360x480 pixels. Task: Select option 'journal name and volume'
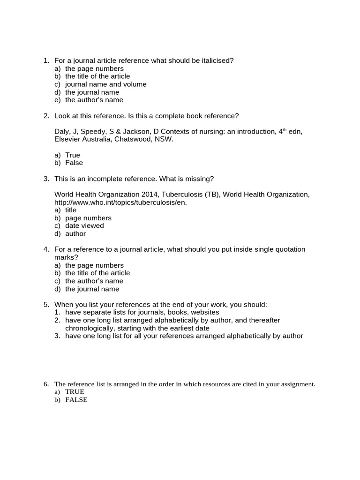105,84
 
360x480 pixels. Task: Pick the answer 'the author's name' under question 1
94,100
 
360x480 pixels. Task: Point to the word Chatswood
139,140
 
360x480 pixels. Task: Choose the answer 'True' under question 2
72,155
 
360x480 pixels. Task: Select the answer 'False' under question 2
74,163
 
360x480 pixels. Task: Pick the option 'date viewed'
84,226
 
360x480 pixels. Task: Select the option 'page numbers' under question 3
88,218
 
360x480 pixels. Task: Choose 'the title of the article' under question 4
97,273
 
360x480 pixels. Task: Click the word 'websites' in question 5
205,312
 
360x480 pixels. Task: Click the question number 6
46,384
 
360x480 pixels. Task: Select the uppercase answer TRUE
75,392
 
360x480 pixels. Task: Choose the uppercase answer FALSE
76,400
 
